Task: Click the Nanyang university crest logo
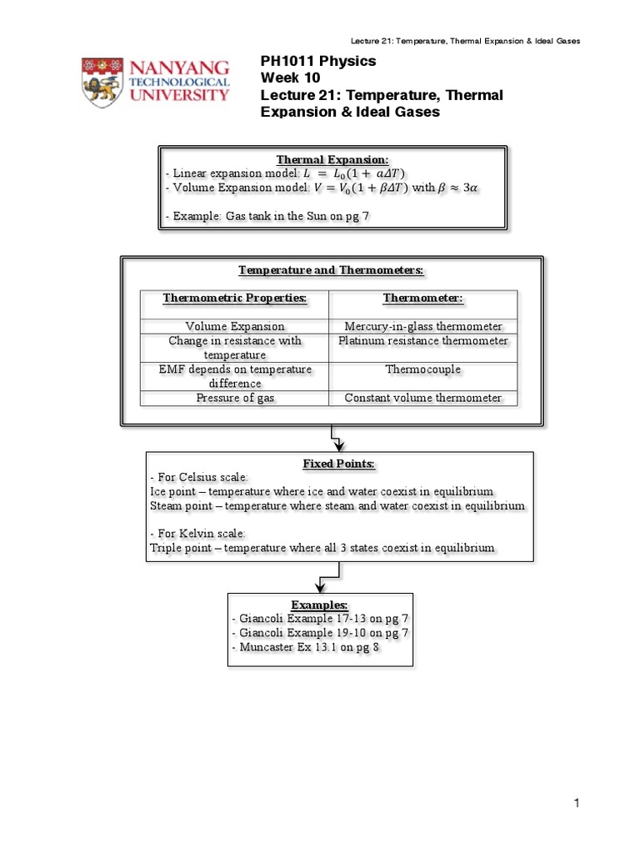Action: pyautogui.click(x=105, y=81)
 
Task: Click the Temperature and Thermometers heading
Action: pyautogui.click(x=332, y=270)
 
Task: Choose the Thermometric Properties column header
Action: pyautogui.click(x=235, y=298)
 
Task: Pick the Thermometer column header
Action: pyautogui.click(x=422, y=298)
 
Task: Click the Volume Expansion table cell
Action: pyautogui.click(x=235, y=327)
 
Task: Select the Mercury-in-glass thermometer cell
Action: pyautogui.click(x=423, y=327)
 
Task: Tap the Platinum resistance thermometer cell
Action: pyautogui.click(x=423, y=341)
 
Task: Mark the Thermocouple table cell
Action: pyautogui.click(x=423, y=369)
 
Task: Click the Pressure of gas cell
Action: pyautogui.click(x=235, y=398)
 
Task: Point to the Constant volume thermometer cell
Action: pyautogui.click(x=423, y=398)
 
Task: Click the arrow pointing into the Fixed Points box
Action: pyautogui.click(x=337, y=441)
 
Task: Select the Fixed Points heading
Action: pyautogui.click(x=338, y=463)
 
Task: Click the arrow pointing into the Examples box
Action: pyautogui.click(x=320, y=584)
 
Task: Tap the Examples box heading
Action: pyautogui.click(x=319, y=604)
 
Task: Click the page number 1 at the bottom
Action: pyautogui.click(x=576, y=803)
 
